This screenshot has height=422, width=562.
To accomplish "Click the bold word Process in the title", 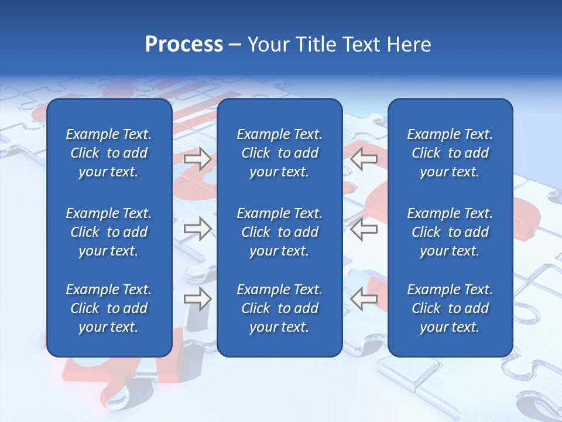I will click(x=184, y=45).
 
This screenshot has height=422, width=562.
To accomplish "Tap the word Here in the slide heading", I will click(x=408, y=45).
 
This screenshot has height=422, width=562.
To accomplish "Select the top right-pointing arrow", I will click(x=197, y=158).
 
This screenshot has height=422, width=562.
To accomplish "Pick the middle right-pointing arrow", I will click(x=197, y=229).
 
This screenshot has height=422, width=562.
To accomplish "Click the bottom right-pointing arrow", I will click(x=197, y=299).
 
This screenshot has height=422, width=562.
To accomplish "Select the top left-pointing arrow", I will click(x=364, y=158).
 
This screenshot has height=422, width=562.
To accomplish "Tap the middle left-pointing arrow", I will click(x=364, y=229).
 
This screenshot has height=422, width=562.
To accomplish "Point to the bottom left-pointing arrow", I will click(x=364, y=299).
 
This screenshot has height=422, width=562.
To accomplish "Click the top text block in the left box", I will click(x=109, y=153).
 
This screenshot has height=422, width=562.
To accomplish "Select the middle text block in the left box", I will click(x=109, y=232).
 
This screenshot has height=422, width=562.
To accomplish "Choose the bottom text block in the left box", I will click(x=109, y=308).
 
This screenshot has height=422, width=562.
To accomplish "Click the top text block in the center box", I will click(x=280, y=153).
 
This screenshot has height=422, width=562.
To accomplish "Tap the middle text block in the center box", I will click(x=280, y=232).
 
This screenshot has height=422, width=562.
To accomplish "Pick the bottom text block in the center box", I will click(x=280, y=308).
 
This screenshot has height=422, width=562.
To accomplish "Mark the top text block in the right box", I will click(x=450, y=153).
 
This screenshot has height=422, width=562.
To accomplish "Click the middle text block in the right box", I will click(x=450, y=232).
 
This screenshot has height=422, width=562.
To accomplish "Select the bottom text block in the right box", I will click(x=450, y=308).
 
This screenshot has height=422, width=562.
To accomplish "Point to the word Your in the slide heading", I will click(x=267, y=45).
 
